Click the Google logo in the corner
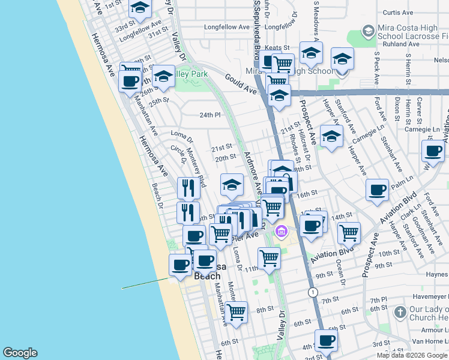20,353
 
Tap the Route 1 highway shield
313,292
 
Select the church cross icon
400,312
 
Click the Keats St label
277,47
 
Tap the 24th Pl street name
210,115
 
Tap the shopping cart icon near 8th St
237,311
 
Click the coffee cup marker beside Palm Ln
377,190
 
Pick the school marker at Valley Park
163,76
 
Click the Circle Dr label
179,155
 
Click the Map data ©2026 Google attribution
412,355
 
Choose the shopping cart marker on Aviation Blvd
349,233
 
